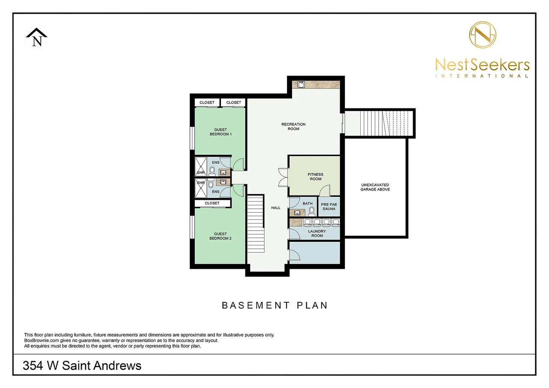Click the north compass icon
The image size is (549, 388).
(x=37, y=37)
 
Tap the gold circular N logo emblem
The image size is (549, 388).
(x=483, y=35)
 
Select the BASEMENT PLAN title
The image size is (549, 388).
(x=274, y=305)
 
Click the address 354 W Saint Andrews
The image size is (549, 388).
(x=82, y=366)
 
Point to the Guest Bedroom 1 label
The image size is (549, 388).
(x=220, y=132)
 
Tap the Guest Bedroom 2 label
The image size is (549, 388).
(x=220, y=236)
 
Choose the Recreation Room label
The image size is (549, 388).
(x=293, y=126)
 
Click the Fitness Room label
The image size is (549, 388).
(x=315, y=177)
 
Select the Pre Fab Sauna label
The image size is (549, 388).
(x=329, y=207)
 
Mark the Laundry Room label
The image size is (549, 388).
(x=317, y=233)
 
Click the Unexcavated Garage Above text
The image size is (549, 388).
(x=375, y=187)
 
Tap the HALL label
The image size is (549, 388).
(x=275, y=208)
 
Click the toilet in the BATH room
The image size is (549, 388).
(x=312, y=211)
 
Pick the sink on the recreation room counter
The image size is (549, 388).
(x=301, y=84)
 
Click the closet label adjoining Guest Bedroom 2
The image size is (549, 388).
(x=212, y=203)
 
